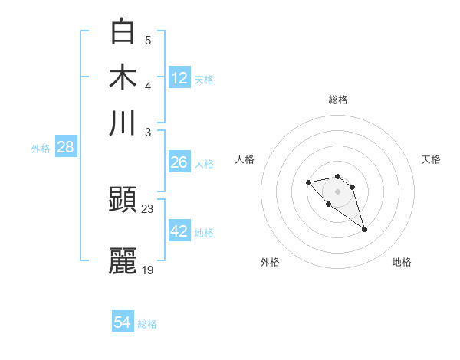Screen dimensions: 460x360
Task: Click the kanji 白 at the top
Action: pos(123,31)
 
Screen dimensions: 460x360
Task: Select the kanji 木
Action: pos(123,77)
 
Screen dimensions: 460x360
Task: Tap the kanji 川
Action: pos(123,122)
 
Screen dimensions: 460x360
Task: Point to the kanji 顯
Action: pos(123,201)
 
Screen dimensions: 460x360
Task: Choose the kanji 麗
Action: pos(123,260)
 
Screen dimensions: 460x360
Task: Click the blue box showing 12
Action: pos(179,77)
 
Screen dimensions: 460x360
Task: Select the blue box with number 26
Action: pos(179,162)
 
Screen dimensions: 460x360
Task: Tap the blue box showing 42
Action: pos(179,231)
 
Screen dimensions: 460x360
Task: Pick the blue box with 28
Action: pos(65,148)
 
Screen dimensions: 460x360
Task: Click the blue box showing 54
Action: pos(123,322)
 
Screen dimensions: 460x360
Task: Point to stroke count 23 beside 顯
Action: pos(148,208)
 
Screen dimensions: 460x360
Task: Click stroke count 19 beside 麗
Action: pos(148,269)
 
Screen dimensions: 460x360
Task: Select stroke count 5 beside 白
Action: pos(148,40)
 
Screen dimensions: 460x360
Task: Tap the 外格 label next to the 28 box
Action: pos(41,149)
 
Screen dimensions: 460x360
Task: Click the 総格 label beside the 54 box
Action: pos(147,324)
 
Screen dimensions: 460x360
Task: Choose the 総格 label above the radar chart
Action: pos(338,100)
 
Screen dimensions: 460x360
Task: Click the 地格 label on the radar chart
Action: pos(402,263)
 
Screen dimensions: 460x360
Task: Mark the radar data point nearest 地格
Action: pos(365,229)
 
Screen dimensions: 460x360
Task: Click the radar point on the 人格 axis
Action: pos(308,182)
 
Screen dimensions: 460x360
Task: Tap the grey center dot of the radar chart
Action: pos(338,191)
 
